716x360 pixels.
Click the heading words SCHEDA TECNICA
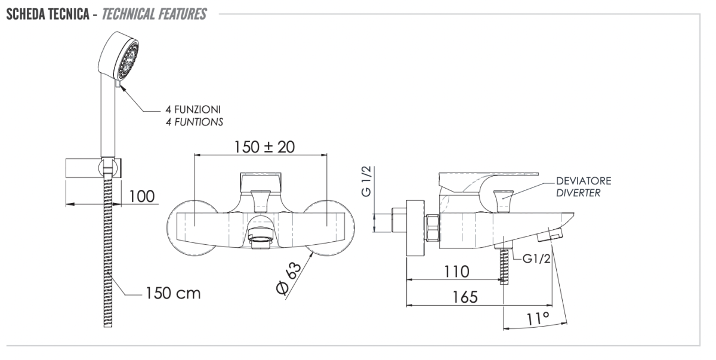48,14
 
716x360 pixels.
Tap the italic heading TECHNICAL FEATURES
154,14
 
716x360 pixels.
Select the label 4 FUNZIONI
193,110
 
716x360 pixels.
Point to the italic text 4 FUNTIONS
195,122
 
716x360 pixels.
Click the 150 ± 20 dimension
264,147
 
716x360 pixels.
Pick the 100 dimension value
142,196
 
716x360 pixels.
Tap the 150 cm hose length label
173,293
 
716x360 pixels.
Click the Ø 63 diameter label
288,278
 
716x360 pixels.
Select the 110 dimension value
457,272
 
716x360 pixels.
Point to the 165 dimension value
465,297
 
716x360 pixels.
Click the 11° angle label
538,319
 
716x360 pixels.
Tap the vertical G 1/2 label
366,181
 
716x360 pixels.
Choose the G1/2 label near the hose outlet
536,259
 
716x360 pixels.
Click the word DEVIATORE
584,181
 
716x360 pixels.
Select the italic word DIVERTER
578,193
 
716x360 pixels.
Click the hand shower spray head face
128,61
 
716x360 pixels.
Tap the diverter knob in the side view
503,201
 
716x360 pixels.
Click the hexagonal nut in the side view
433,227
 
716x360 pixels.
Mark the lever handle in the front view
261,183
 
